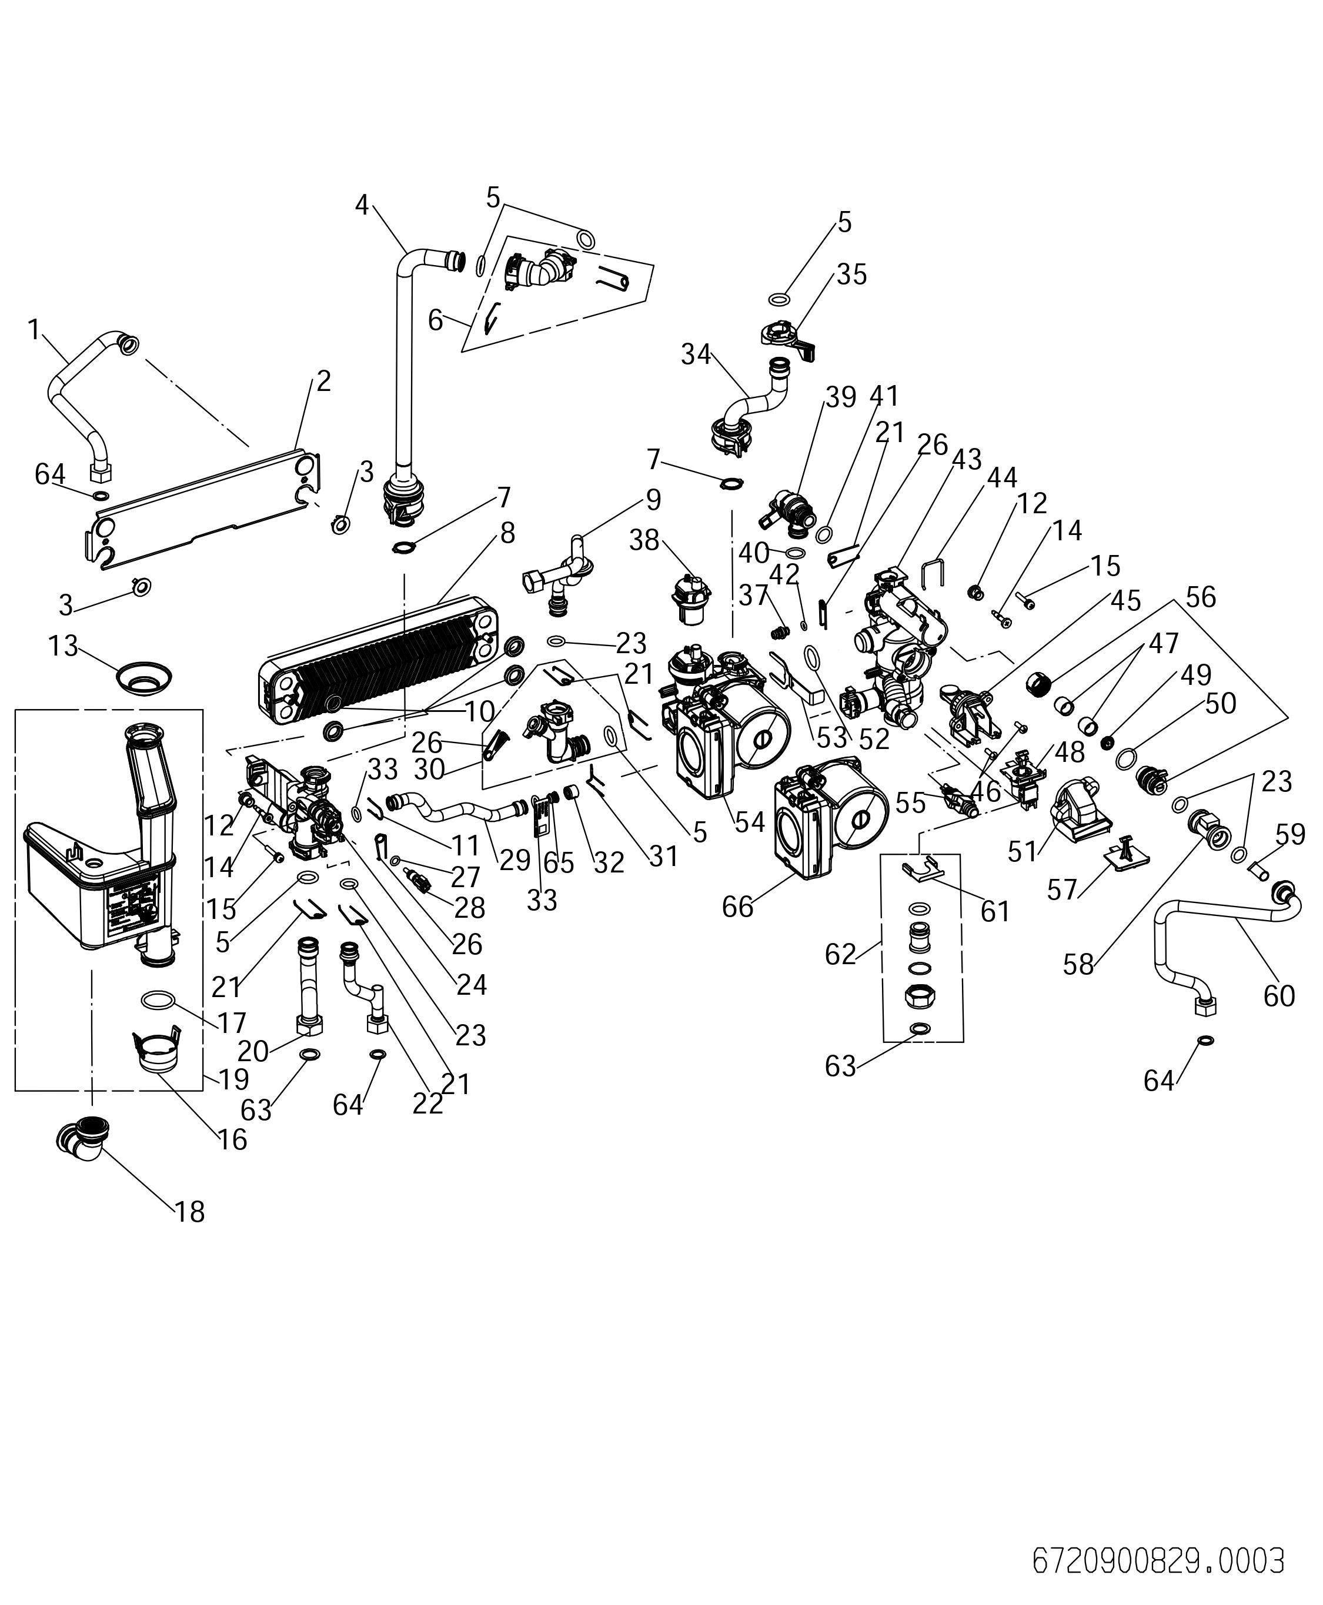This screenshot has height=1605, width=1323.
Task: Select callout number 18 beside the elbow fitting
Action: [190, 1212]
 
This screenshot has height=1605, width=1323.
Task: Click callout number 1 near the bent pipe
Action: [34, 329]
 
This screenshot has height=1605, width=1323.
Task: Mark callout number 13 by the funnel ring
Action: [64, 646]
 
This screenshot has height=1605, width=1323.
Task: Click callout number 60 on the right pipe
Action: [1279, 995]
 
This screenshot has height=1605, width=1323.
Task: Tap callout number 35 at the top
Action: [851, 275]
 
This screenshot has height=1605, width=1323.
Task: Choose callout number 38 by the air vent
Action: [644, 540]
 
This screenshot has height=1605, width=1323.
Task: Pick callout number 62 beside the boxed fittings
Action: [841, 954]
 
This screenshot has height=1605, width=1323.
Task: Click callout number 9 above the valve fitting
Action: [653, 500]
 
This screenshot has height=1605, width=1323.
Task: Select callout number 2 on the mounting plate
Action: [324, 381]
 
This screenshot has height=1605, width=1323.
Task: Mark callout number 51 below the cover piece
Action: [1022, 851]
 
